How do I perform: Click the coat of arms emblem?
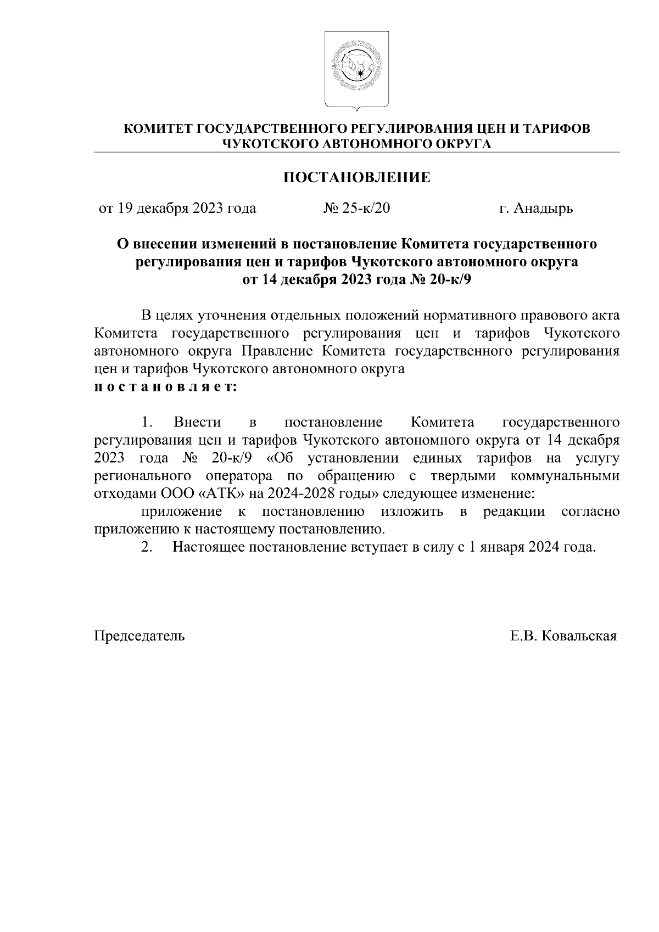pos(356,69)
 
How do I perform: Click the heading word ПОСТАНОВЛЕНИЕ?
pos(356,177)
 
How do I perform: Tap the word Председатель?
pos(139,636)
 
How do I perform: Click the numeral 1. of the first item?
pos(146,422)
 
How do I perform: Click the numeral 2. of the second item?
pos(146,547)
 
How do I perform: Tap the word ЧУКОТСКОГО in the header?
pos(267,144)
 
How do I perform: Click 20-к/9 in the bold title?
pos(449,280)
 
